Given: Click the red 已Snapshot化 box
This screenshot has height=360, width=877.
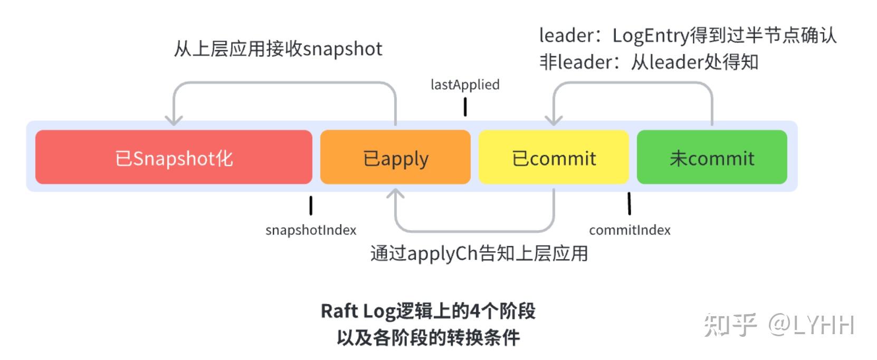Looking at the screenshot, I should point(174,157).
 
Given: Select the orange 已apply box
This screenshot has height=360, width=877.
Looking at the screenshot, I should point(395,157).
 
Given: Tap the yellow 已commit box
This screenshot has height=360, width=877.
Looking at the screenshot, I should point(554,157).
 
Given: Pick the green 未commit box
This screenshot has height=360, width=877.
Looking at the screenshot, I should point(712,157).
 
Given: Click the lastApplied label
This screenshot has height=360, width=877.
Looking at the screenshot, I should point(465,84).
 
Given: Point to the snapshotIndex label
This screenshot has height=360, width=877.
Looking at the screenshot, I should point(311,230).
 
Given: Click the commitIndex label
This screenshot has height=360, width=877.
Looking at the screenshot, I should point(630,230).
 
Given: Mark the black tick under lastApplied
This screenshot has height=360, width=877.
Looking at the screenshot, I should point(465,107).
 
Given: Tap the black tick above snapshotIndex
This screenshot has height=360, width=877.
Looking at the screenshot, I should point(311,205).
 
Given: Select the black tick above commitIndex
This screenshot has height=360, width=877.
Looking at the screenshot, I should point(629,204).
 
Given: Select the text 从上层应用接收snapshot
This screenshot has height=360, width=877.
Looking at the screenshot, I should point(278,49).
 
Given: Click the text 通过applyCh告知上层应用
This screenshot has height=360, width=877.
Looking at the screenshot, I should point(479,253).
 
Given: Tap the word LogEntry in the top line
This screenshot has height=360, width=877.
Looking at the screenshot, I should point(650,35).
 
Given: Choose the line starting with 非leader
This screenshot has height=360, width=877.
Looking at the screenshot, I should point(649,62).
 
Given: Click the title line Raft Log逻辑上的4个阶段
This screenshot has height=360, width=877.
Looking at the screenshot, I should point(428,311).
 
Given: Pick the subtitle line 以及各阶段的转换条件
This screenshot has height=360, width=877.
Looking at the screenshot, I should point(428,337).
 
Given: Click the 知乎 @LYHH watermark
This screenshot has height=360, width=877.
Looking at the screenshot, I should point(779,325).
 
